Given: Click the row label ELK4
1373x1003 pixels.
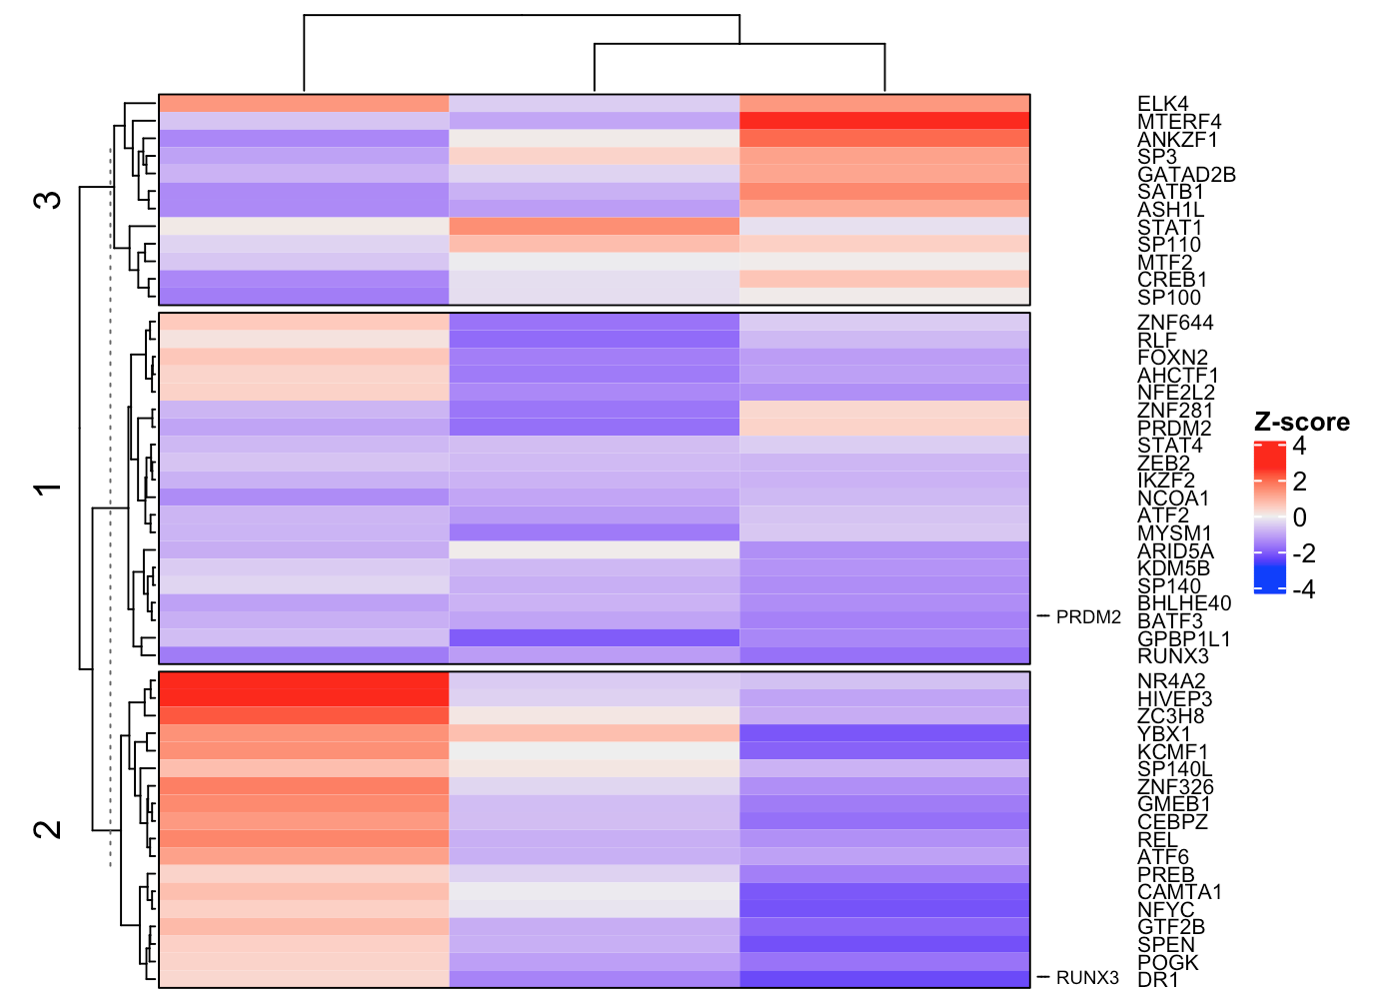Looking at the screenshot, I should pos(1162,104).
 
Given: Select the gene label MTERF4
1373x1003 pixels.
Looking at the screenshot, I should pos(1179,122).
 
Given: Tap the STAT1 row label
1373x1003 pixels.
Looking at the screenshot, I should pos(1169,228).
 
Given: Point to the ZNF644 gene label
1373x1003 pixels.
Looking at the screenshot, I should pos(1175,323).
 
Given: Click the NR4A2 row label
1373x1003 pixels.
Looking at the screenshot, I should pos(1171,681).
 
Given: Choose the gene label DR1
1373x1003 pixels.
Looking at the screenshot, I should pos(1158,980).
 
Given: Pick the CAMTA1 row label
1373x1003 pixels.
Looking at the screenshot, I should pos(1179,892).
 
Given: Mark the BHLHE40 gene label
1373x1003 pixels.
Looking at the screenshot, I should pos(1184,603).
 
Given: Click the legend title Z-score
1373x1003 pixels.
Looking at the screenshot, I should pos(1301,423).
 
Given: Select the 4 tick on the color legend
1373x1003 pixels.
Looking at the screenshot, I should pos(1299,446).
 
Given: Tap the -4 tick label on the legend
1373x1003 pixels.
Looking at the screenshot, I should pos(1303,589).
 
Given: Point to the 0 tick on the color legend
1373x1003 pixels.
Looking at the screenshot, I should pos(1299,517).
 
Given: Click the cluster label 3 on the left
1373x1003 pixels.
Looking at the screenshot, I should pos(48,200).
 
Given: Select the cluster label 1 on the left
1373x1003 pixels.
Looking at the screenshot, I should pos(48,489).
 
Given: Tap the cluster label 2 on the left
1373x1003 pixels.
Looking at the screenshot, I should pos(48,829).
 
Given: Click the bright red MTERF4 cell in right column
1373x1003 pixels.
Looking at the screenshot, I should pos(884,121).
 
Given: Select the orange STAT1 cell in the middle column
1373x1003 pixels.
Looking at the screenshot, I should pos(594,227).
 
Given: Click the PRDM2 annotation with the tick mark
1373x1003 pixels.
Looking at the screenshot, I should pos(1087,617).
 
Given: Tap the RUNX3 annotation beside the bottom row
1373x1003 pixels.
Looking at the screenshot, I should pos(1086,978).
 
